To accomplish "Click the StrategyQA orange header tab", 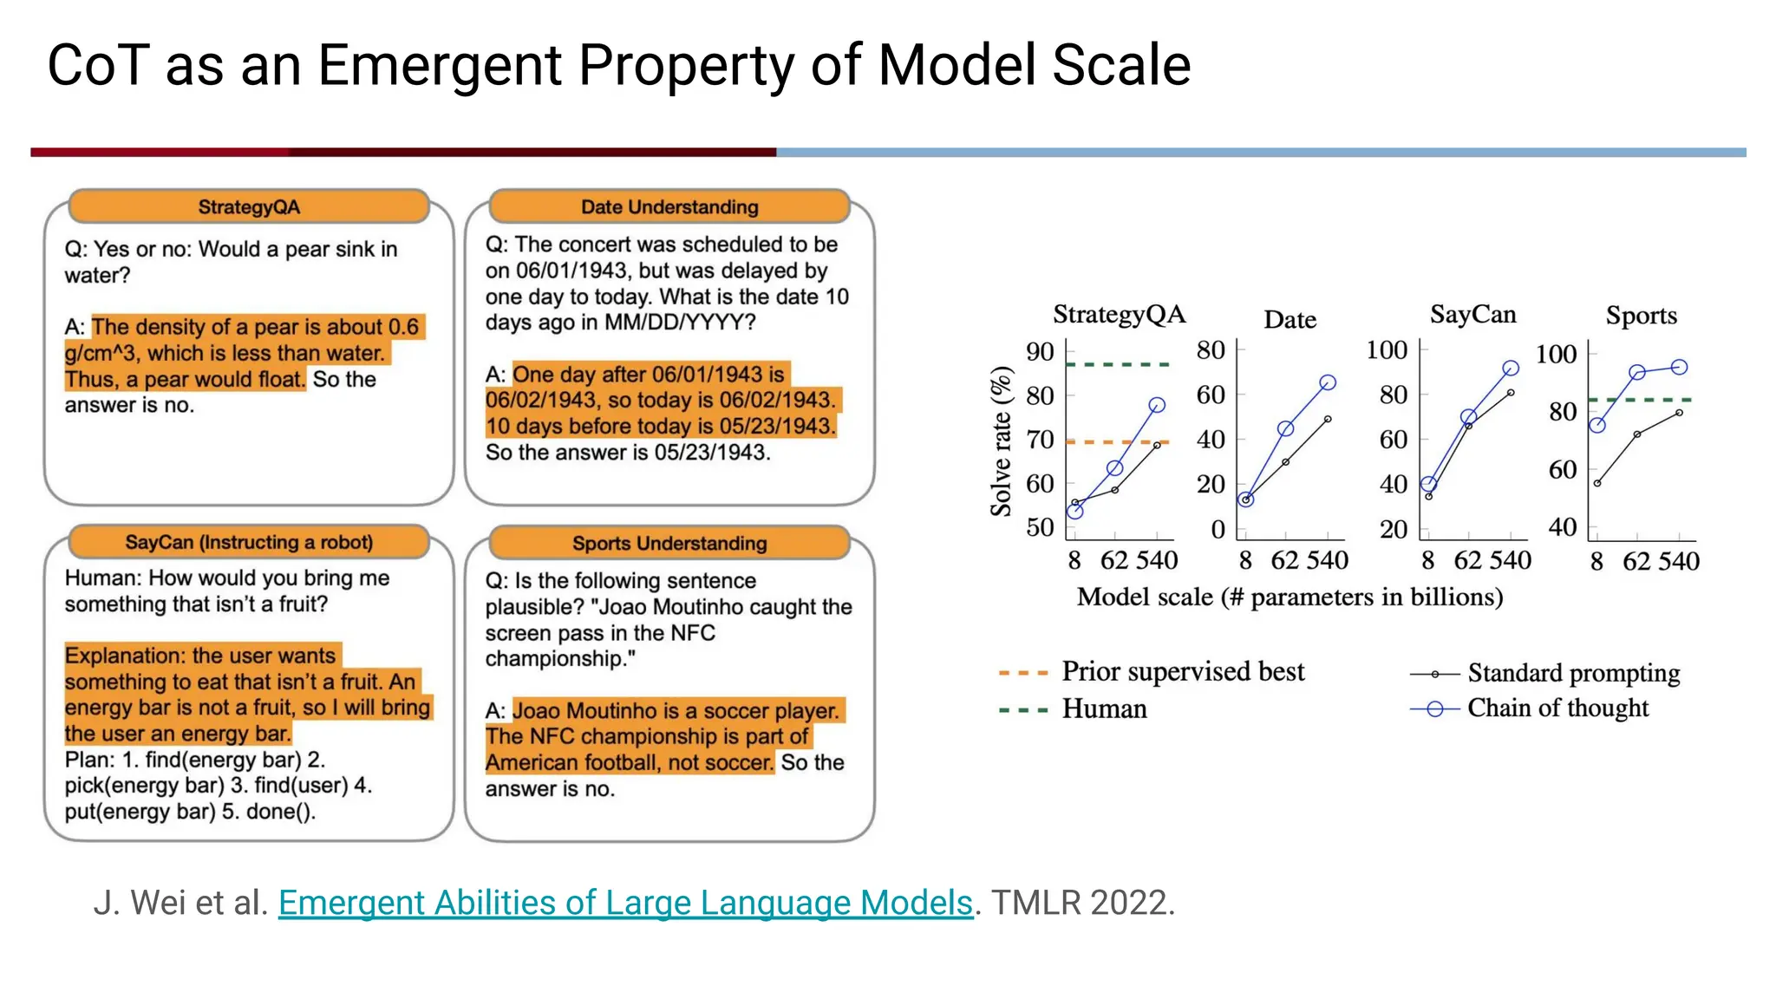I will pos(249,207).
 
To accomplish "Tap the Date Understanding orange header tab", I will pos(669,207).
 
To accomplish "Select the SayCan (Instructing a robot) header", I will pos(249,543).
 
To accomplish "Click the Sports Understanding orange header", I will pos(669,544).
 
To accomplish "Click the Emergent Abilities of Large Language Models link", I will pos(625,903).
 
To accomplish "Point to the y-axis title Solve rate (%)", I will pos(1002,441).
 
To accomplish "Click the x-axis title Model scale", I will pos(1290,597).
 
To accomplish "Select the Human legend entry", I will pos(1104,709).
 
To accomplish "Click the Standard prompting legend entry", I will pos(1573,674).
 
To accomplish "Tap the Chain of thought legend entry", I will pos(1557,708).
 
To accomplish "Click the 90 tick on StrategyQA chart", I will pos(1040,352).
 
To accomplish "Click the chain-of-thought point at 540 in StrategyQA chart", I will pos(1157,405).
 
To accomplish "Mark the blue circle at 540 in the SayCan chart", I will pos(1511,369).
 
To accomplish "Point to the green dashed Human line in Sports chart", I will pos(1639,400).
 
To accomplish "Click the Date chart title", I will pos(1290,320).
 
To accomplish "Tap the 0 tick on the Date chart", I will pos(1218,529).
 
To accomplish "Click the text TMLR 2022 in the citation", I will pos(1083,903).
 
